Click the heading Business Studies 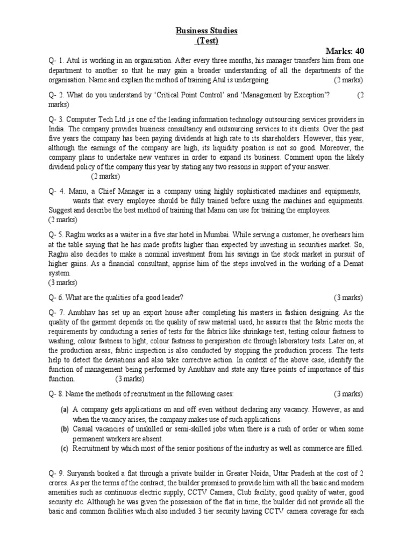point(206,31)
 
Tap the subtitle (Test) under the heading point(206,41)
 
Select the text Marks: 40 point(344,51)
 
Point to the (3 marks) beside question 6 point(348,298)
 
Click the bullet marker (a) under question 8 point(65,410)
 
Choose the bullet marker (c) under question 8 point(65,448)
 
